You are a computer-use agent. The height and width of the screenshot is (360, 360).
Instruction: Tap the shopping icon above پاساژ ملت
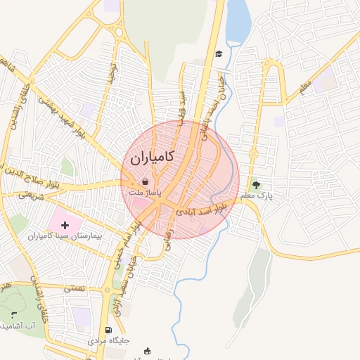[x=145, y=181]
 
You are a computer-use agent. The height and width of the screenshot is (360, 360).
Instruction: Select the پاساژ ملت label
[x=145, y=191]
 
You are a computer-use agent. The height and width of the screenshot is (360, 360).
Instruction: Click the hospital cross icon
[x=65, y=225]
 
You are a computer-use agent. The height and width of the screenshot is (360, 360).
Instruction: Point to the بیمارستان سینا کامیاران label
[x=65, y=236]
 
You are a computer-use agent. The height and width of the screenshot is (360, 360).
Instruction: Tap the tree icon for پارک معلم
[x=256, y=186]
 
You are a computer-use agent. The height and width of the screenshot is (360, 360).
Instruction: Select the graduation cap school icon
[x=219, y=54]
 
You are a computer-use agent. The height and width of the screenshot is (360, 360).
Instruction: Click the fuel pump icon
[x=108, y=330]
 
